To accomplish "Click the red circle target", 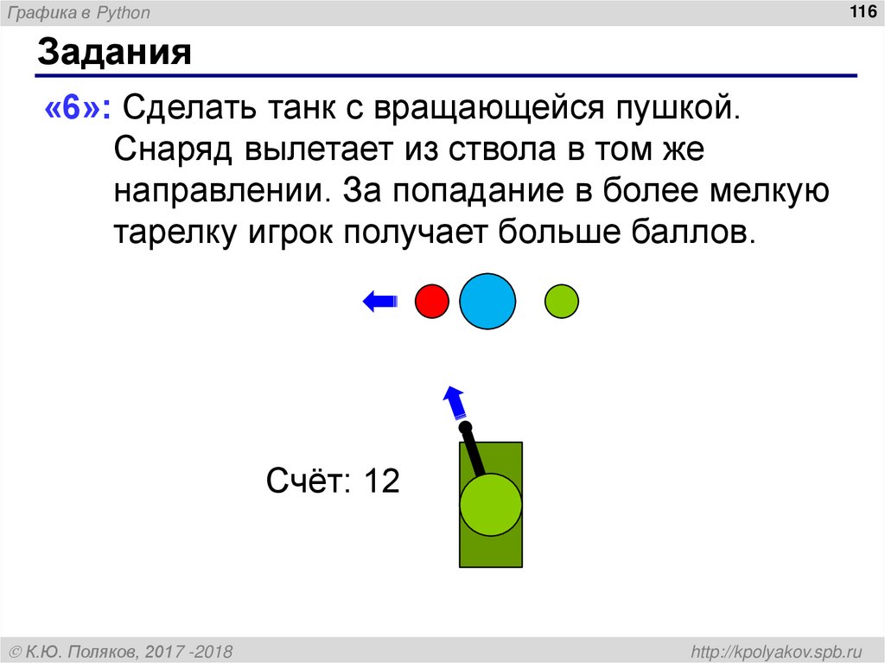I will point(432,302).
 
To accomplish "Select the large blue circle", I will point(487,301).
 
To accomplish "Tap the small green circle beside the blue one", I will point(562,302).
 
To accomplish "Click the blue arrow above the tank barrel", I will point(453,402).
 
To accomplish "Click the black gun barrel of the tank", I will point(473,450).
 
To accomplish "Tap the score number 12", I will point(381,481).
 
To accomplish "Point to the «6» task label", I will point(76,110).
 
